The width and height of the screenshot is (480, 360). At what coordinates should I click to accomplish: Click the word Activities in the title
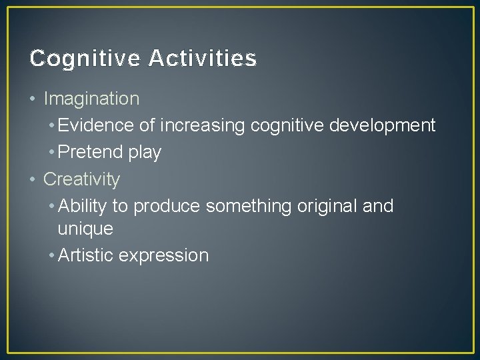click(x=203, y=59)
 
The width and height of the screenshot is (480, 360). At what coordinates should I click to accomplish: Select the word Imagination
click(x=91, y=99)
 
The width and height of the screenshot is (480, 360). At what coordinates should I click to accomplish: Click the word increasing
click(x=202, y=126)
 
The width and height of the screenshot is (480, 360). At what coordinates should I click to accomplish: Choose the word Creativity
click(x=81, y=179)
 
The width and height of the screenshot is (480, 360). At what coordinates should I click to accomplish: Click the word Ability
click(x=83, y=206)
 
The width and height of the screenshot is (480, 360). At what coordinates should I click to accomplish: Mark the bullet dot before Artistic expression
click(x=52, y=255)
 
